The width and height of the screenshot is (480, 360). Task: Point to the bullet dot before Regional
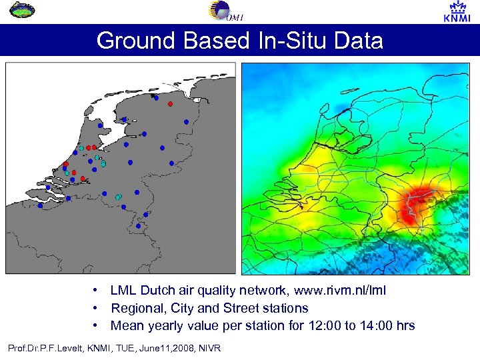[x=97, y=308]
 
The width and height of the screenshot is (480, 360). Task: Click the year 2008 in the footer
[x=177, y=348]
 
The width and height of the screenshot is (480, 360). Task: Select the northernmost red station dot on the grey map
[x=170, y=104]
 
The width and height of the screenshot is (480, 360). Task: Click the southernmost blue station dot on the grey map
[x=138, y=226]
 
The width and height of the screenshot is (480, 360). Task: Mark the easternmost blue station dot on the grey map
[x=186, y=121]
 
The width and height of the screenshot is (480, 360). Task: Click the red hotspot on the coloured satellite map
[x=413, y=203]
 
